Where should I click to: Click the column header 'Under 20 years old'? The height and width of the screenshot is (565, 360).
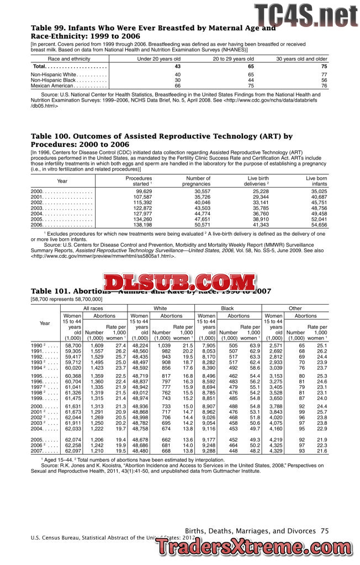pos(159,58)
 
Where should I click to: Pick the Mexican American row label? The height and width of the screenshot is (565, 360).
pos(52,86)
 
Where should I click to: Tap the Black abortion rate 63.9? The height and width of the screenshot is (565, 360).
pos(255,345)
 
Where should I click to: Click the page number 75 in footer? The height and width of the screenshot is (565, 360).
pos(325,530)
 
